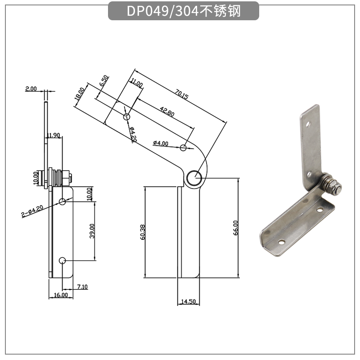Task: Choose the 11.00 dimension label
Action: click(x=136, y=84)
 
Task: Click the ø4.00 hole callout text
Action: click(x=161, y=144)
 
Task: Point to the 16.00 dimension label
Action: click(x=61, y=295)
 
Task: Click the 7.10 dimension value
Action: click(x=82, y=287)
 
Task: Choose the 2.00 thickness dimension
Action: click(x=31, y=89)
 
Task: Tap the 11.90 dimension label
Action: click(x=53, y=135)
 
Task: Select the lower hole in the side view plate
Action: click(x=63, y=261)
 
